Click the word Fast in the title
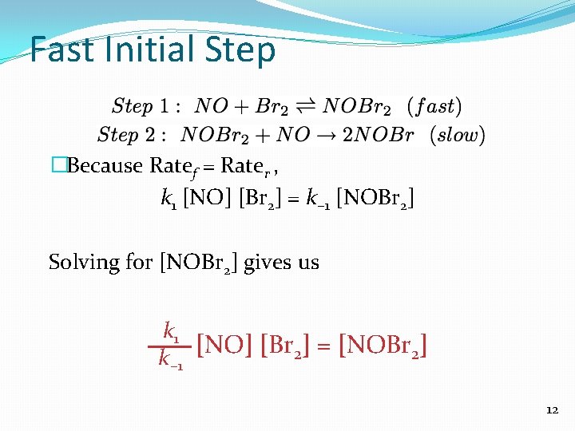tap(63, 50)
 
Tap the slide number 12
tap(552, 410)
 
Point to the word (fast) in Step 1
tap(434, 106)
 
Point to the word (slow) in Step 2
tap(457, 136)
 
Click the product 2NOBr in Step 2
tap(379, 136)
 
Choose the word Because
tap(106, 166)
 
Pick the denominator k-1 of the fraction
tap(171, 362)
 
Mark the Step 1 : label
tap(146, 106)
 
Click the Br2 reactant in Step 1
tap(272, 106)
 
